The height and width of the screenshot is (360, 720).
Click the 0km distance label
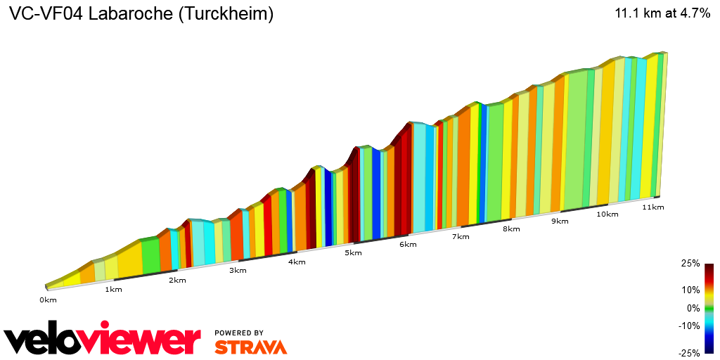tap(47, 300)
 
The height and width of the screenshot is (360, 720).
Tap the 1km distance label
tap(113, 290)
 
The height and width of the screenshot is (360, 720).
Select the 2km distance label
tap(177, 280)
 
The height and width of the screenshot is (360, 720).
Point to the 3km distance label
tap(238, 270)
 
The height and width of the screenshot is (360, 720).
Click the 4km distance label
tap(297, 262)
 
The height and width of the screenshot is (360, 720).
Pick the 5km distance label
tap(353, 253)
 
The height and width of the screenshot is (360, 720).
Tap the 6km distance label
tap(408, 245)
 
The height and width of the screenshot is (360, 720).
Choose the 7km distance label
tap(461, 236)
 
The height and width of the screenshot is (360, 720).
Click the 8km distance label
tap(511, 229)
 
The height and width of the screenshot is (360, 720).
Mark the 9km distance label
tap(560, 221)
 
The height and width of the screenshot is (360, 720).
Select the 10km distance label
tap(607, 214)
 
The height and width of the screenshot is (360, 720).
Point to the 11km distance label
tap(653, 207)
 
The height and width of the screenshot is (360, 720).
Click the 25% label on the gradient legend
tap(690, 264)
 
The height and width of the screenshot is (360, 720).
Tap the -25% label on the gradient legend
tap(689, 353)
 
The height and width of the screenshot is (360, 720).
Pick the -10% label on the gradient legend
tap(689, 326)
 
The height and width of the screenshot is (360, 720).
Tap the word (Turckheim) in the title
tap(226, 14)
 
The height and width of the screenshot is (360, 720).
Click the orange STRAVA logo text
tap(250, 347)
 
